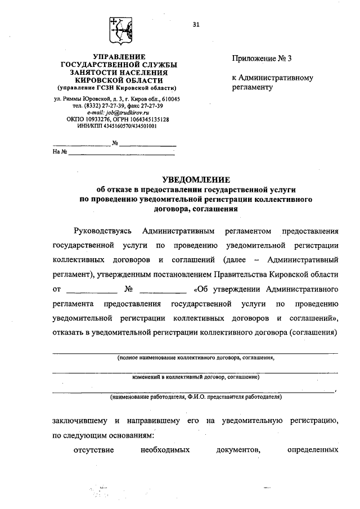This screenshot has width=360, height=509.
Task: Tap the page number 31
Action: tap(196, 24)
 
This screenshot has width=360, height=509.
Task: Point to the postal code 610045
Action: tap(168, 99)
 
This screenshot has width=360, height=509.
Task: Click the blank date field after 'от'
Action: tap(92, 290)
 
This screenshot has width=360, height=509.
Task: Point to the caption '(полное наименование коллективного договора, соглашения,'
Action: tap(196, 357)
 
